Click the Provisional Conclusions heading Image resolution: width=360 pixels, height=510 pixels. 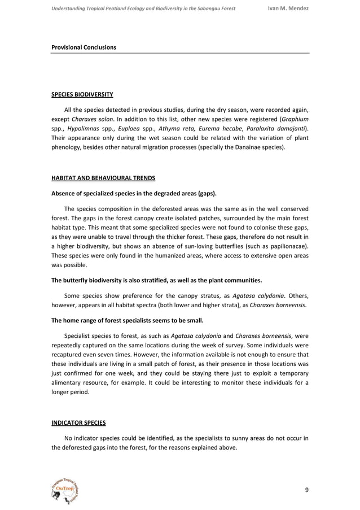click(84, 47)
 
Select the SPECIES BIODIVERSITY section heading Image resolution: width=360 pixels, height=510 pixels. click(82, 94)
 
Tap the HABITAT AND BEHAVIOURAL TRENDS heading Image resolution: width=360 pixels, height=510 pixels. click(104, 178)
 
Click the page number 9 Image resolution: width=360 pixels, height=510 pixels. click(306, 489)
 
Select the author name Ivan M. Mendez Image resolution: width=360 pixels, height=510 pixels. click(288, 8)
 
